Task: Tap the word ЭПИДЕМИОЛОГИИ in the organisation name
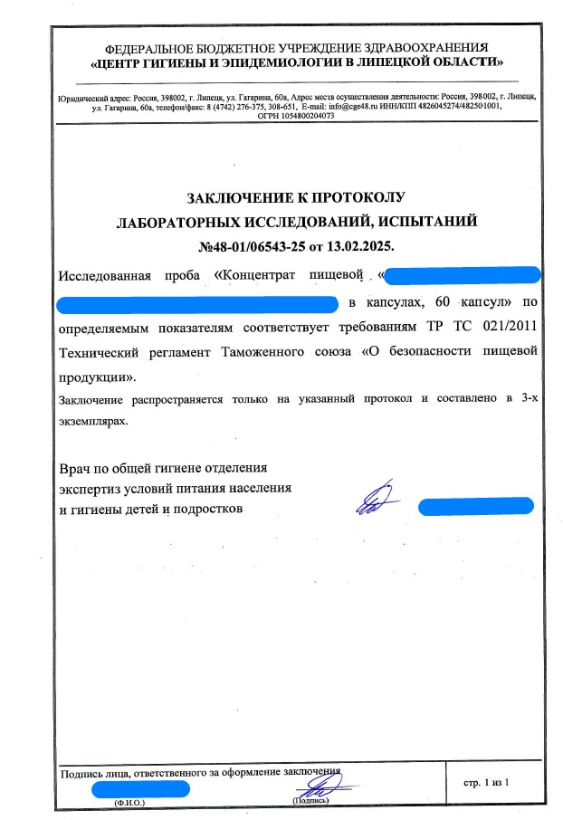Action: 278,62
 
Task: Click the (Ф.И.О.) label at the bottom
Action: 129,802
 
